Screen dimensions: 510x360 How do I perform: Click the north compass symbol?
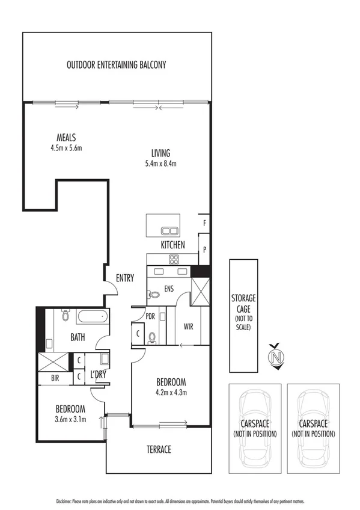click(x=276, y=356)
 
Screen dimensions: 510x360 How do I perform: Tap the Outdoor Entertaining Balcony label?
click(x=117, y=64)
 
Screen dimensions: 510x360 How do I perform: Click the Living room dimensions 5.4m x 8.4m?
click(x=160, y=163)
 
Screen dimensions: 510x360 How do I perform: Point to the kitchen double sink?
click(x=169, y=230)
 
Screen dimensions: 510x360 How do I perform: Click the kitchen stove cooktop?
click(x=174, y=260)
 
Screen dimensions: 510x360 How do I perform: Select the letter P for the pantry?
click(x=204, y=248)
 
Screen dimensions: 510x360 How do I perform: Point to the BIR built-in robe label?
click(x=46, y=379)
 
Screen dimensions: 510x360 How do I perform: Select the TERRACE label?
click(x=159, y=449)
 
